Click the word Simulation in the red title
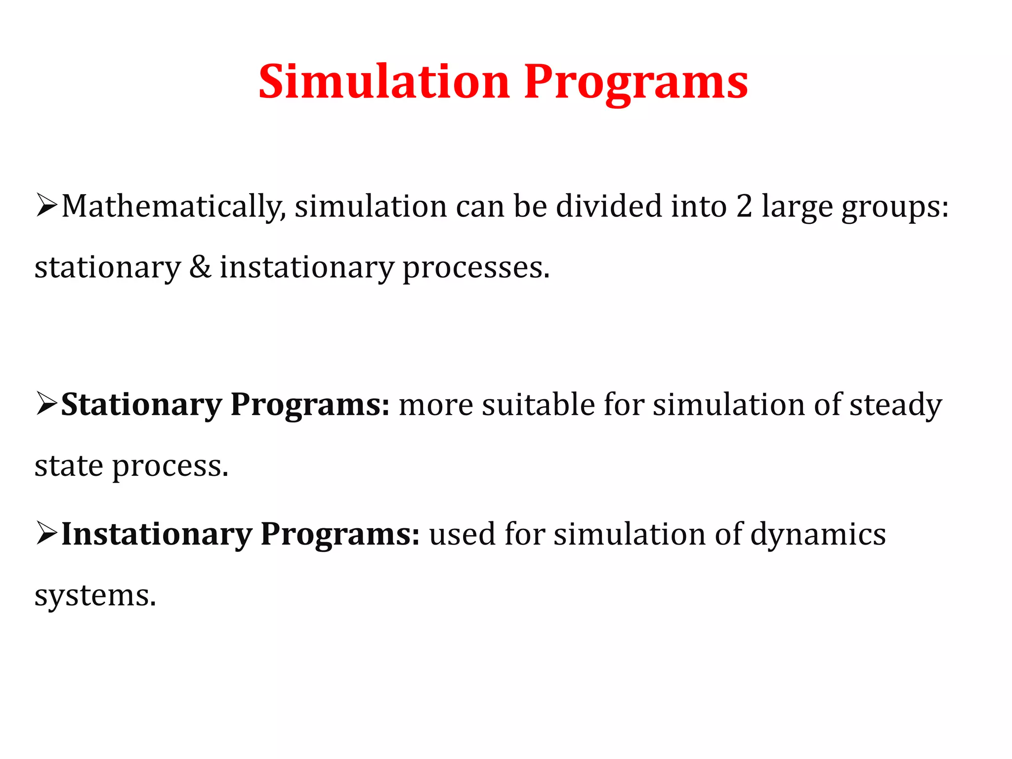click(x=384, y=82)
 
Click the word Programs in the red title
click(x=636, y=82)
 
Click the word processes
click(x=476, y=268)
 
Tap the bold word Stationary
click(x=141, y=405)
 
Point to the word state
click(x=69, y=465)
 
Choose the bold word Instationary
click(x=157, y=535)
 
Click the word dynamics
click(x=818, y=536)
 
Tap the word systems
click(x=95, y=596)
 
